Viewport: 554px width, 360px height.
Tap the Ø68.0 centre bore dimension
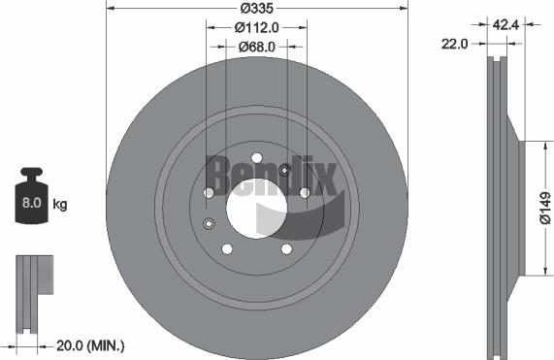click(256, 46)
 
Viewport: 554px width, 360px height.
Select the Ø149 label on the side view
click(544, 209)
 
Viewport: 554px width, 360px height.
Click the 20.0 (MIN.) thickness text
click(90, 344)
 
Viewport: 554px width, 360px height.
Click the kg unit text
click(59, 205)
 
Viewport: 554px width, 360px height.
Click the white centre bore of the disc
click(255, 205)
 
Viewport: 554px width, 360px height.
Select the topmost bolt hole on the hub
click(256, 158)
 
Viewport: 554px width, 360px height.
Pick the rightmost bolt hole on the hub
click(305, 193)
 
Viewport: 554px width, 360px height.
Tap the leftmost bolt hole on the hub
click(208, 193)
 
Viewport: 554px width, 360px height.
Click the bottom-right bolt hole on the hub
click(286, 249)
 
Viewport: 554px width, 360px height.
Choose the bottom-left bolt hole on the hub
click(226, 249)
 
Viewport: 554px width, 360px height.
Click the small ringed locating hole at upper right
click(284, 172)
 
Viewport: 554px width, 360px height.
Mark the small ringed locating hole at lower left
click(209, 225)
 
